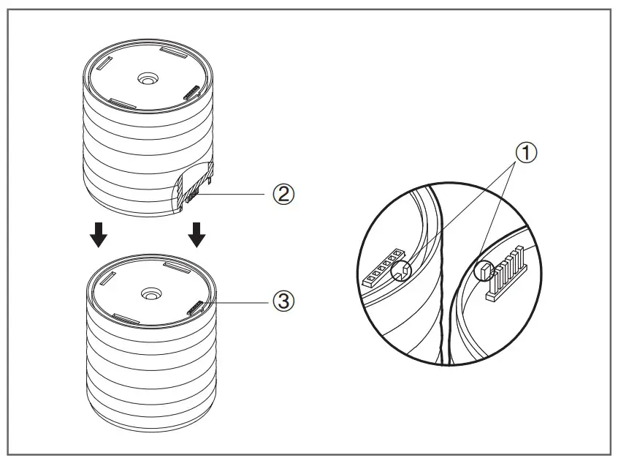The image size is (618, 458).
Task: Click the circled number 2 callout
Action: click(x=284, y=195)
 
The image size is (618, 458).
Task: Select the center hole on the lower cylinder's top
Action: click(x=150, y=293)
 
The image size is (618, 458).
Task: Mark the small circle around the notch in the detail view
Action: click(x=400, y=274)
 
